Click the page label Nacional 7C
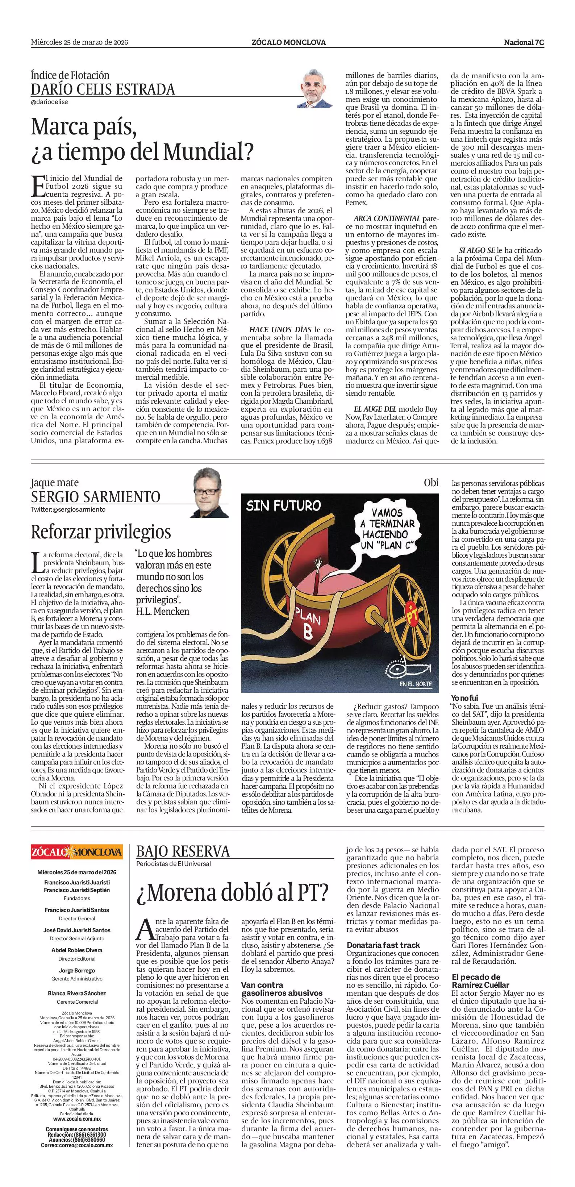pyautogui.click(x=524, y=42)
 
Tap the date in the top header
pyautogui.click(x=79, y=42)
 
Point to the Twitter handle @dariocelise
pyautogui.click(x=49, y=102)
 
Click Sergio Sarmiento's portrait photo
pyautogui.click(x=211, y=492)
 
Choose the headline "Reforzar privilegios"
pyautogui.click(x=101, y=532)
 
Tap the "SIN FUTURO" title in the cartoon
pyautogui.click(x=283, y=506)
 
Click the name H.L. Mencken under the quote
pyautogui.click(x=163, y=612)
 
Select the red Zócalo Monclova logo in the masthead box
pyautogui.click(x=77, y=851)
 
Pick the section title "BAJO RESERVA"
pyautogui.click(x=183, y=851)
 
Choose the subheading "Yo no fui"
pyautogui.click(x=465, y=698)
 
